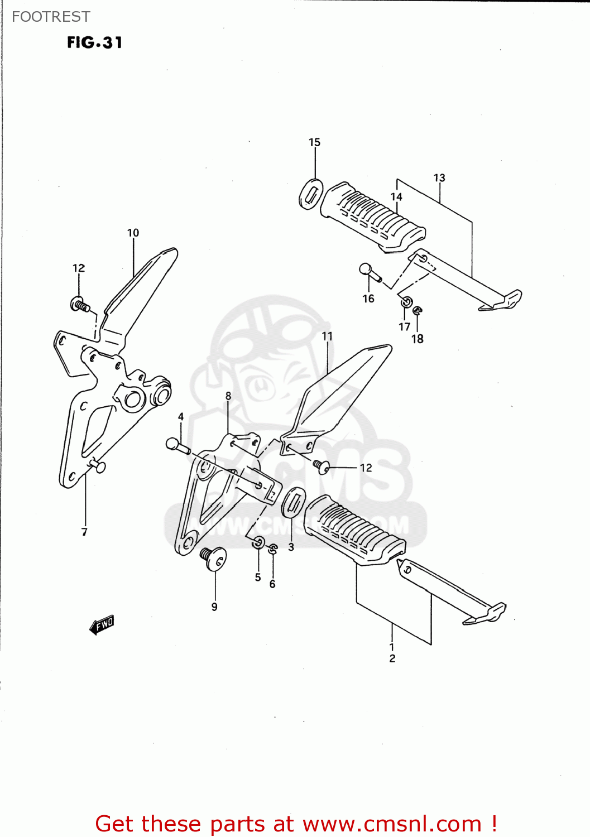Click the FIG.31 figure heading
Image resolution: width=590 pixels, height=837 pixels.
coord(94,42)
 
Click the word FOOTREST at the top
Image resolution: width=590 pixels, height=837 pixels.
coord(51,17)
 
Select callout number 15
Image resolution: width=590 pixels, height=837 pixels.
coord(314,142)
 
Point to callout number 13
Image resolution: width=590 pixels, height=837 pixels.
coord(439,178)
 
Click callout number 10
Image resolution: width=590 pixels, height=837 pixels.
coord(133,233)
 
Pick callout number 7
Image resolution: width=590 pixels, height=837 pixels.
coord(84,532)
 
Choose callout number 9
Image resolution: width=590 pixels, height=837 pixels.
coord(214,607)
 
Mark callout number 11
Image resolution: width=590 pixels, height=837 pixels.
coord(327,336)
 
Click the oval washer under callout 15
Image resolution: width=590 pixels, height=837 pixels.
coord(310,194)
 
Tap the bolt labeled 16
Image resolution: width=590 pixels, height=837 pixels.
coord(369,273)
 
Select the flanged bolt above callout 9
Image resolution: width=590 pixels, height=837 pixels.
coord(213,557)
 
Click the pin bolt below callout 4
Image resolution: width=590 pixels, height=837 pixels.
coord(178,446)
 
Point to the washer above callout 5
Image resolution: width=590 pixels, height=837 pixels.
coord(258,542)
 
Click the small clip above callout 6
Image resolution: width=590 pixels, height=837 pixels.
coord(272,549)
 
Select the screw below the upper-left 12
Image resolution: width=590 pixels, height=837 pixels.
coord(80,305)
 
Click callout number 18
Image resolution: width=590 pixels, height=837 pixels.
coord(418,339)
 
